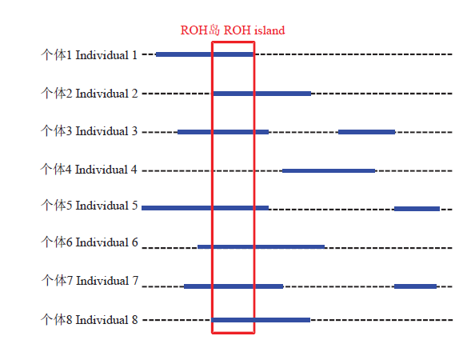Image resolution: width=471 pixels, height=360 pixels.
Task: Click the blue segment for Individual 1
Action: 205,54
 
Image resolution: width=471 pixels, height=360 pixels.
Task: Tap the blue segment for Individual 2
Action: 262,94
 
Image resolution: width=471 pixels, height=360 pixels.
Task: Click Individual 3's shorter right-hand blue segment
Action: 366,132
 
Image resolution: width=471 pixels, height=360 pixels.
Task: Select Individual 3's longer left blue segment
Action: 223,132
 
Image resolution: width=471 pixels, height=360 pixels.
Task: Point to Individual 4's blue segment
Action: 329,171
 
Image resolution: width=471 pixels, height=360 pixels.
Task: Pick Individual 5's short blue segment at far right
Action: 417,209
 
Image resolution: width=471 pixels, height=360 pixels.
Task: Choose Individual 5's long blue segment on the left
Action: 205,208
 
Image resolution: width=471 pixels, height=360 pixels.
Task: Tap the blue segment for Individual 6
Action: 261,247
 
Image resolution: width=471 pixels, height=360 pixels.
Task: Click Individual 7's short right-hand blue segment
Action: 416,286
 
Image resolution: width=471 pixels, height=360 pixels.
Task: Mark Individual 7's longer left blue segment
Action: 234,286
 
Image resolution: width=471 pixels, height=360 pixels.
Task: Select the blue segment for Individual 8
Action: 261,320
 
